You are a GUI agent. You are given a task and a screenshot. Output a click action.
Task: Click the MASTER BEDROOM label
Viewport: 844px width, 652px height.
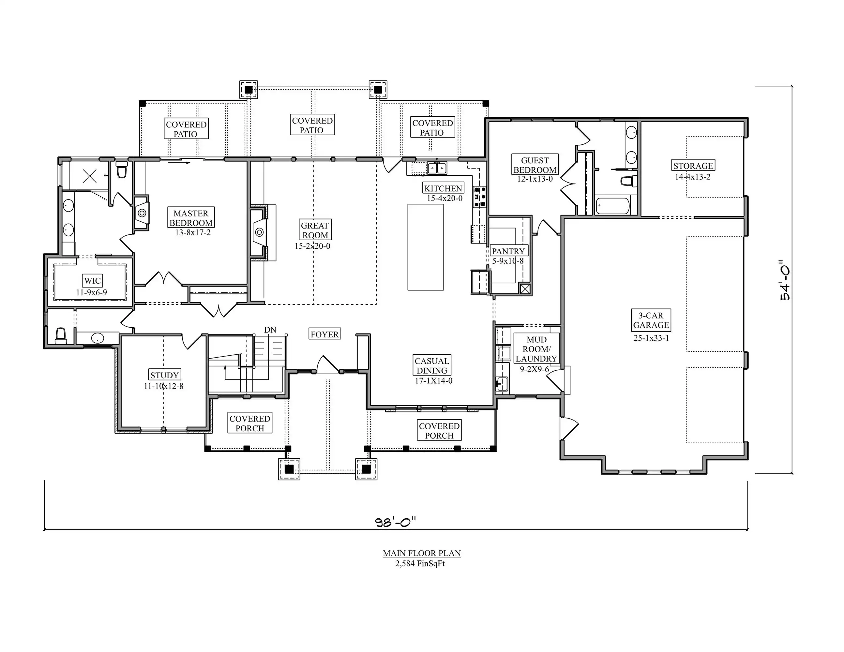click(x=191, y=218)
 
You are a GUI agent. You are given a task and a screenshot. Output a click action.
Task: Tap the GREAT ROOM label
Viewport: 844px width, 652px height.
click(x=315, y=230)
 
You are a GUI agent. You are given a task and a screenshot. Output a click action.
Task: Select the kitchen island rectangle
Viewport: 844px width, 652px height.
click(x=426, y=247)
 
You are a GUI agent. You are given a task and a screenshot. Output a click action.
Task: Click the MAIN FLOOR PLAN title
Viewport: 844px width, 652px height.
click(x=422, y=553)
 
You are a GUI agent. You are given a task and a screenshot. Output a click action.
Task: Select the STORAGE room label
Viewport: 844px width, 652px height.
click(x=693, y=165)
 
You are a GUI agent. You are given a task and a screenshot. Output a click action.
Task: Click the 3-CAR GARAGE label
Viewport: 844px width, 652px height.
click(x=651, y=320)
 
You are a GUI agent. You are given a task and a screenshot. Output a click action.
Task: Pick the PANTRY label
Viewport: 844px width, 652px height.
click(x=508, y=251)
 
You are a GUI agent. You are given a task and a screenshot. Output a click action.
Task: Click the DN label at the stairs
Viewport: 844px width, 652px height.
click(x=270, y=330)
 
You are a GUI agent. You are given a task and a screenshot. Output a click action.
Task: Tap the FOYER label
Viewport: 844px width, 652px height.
click(x=324, y=334)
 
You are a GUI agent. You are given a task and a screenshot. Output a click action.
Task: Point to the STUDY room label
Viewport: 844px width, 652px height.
click(x=165, y=375)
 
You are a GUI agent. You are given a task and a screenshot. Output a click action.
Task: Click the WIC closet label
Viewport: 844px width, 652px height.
click(x=93, y=280)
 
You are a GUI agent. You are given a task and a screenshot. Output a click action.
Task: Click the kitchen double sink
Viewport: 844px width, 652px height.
click(x=437, y=169)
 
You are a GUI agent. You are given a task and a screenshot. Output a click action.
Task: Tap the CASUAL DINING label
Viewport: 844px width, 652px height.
click(x=432, y=365)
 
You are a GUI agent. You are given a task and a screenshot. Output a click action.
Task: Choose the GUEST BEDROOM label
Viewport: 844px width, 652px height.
click(x=535, y=165)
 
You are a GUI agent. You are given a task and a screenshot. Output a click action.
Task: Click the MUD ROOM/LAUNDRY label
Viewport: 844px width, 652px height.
click(x=536, y=349)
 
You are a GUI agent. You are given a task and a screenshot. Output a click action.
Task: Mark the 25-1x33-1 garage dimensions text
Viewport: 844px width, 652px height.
click(x=651, y=338)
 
